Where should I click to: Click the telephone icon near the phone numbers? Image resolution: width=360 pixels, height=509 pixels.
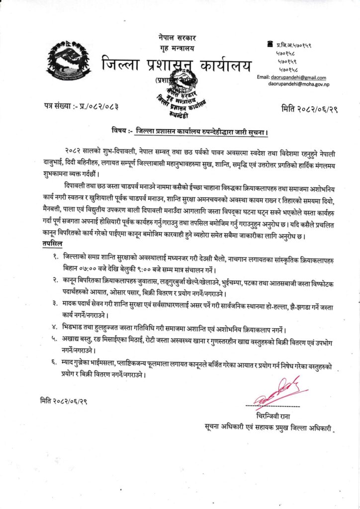270,45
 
